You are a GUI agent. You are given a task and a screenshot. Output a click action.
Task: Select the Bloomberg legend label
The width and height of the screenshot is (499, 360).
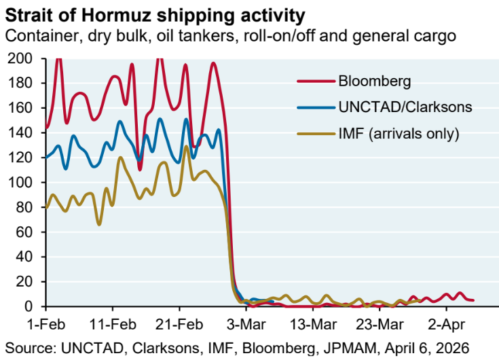[374, 82]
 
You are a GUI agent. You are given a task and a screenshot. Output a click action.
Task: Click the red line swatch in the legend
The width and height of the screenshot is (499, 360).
[314, 82]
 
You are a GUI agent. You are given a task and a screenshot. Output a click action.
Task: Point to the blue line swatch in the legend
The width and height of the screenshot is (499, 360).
[314, 107]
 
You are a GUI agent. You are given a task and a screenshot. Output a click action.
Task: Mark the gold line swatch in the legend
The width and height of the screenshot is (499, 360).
[314, 133]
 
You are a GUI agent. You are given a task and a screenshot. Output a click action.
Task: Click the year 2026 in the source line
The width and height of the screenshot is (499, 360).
[451, 346]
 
